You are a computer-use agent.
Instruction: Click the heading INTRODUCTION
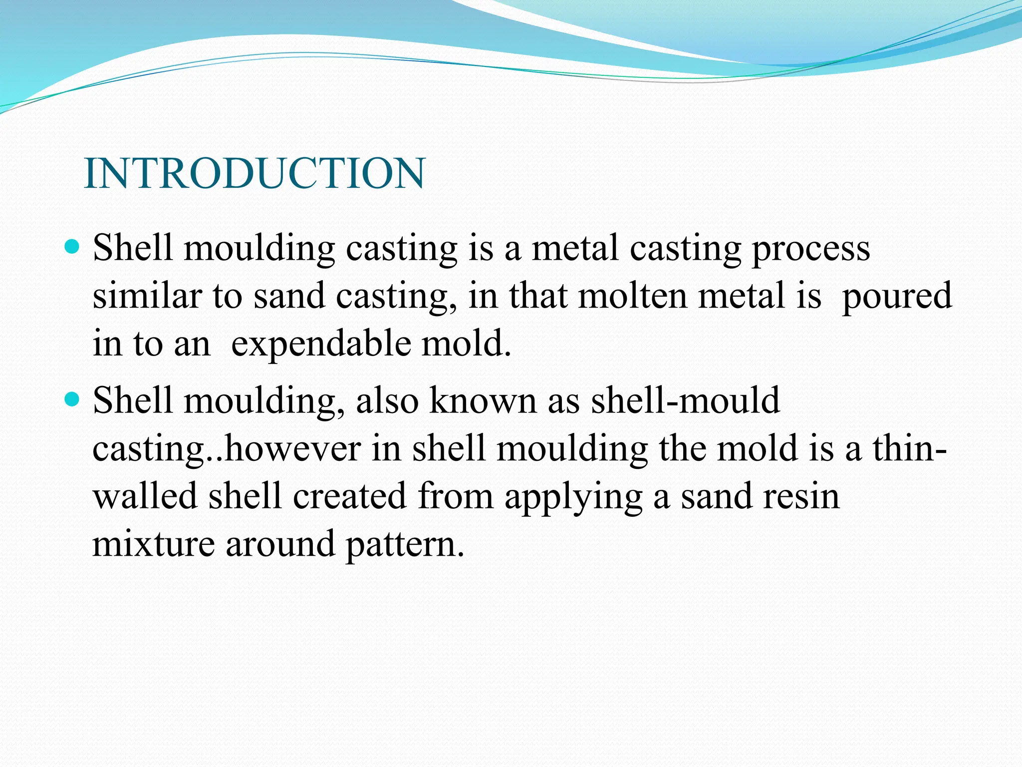click(255, 173)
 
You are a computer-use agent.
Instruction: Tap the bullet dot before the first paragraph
click(73, 247)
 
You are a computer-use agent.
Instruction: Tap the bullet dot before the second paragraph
click(73, 399)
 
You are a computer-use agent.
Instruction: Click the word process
click(811, 249)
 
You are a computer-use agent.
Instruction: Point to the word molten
click(632, 296)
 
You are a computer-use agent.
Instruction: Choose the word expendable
click(321, 345)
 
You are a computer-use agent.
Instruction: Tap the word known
click(483, 400)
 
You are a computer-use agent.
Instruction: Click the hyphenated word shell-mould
click(685, 400)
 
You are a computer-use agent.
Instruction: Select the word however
click(292, 448)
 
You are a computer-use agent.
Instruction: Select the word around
click(280, 544)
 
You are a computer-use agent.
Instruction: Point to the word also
click(387, 400)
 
